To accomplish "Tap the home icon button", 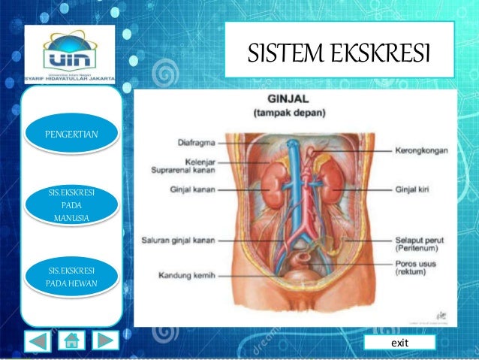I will point(73,341).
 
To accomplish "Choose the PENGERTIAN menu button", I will point(71,135).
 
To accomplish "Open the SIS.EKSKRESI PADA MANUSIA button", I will point(71,206).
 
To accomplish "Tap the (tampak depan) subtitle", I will point(294,113).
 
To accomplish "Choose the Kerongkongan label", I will point(421,150).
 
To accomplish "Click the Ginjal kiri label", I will point(411,189).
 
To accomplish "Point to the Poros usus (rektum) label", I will point(417,268).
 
